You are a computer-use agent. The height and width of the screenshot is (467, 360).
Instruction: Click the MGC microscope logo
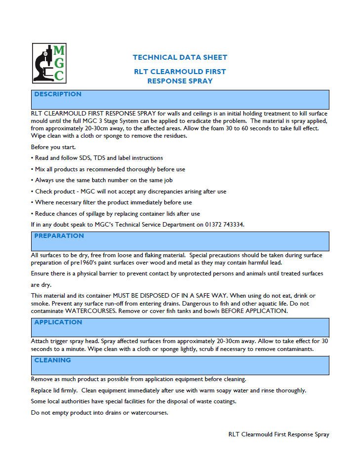49,63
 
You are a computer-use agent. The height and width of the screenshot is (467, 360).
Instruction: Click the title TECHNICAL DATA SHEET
180,57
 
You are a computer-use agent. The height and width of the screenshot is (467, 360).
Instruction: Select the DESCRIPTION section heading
58,94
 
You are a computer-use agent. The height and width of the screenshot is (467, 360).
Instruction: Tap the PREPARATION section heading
59,236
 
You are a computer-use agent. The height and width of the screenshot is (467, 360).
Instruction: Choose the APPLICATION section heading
58,322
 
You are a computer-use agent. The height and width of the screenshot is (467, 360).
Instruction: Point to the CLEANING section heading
52,360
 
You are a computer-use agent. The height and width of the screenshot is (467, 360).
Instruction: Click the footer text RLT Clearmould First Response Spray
279,434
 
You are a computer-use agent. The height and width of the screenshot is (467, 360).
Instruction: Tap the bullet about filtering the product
112,202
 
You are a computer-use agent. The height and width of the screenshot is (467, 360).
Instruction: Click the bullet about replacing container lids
116,214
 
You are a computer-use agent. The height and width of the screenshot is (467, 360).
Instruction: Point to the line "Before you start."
53,147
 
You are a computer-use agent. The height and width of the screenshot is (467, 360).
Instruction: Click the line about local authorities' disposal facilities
133,401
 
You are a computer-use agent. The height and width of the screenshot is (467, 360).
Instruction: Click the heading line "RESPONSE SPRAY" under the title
180,81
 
